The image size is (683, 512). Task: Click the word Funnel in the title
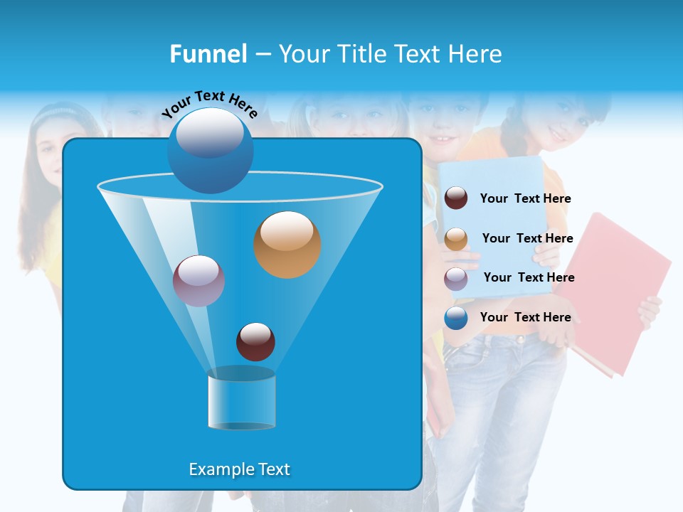point(208,54)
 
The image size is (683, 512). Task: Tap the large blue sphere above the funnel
point(210,150)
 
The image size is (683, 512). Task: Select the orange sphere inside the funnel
point(287,245)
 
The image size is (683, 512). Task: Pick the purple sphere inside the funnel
point(198,281)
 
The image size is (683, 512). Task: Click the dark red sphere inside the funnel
point(255,341)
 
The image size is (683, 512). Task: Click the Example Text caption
point(239,469)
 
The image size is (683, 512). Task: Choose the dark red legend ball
point(456,198)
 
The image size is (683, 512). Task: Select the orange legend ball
point(456,239)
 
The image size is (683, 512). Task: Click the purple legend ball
point(456,278)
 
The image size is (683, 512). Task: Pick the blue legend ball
point(456,318)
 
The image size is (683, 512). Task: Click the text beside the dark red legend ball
point(525,198)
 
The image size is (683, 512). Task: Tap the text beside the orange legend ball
point(527,238)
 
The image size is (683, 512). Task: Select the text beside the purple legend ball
point(529,277)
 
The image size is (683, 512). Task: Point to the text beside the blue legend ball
point(525,317)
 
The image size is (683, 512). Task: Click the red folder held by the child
point(619,284)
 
